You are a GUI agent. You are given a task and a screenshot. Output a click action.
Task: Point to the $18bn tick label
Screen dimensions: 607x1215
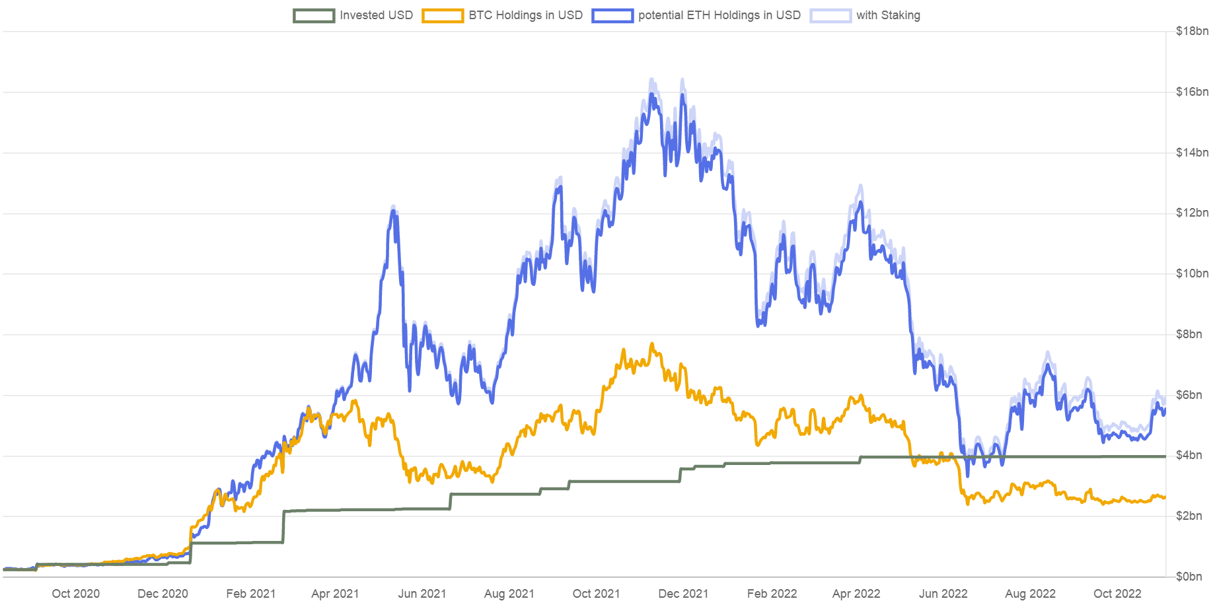pos(1192,31)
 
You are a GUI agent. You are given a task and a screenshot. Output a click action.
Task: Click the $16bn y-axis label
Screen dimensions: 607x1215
pos(1192,92)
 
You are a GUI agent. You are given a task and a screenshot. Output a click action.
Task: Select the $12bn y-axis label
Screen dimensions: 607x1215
pos(1192,213)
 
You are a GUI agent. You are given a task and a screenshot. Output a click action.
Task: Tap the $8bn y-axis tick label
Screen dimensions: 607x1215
pos(1192,334)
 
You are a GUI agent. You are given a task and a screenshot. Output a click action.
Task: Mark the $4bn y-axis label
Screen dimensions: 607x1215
pos(1192,456)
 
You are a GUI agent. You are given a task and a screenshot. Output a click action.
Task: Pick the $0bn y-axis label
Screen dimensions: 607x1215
pos(1192,577)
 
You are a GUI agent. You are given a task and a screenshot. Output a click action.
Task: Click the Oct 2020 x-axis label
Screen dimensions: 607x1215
pos(76,594)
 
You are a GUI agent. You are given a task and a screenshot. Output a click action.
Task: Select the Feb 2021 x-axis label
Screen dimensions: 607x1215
pos(250,594)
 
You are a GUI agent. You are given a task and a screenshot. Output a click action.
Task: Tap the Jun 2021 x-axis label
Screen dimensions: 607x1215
pos(422,594)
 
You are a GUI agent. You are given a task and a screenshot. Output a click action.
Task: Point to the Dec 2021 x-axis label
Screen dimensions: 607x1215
pos(683,594)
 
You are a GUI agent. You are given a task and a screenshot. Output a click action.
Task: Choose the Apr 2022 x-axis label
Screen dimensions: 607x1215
pos(856,594)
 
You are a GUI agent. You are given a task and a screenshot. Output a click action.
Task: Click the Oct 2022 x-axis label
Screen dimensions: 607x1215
pos(1117,594)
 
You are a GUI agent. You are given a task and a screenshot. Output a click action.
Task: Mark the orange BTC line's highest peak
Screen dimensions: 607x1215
pos(652,345)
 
